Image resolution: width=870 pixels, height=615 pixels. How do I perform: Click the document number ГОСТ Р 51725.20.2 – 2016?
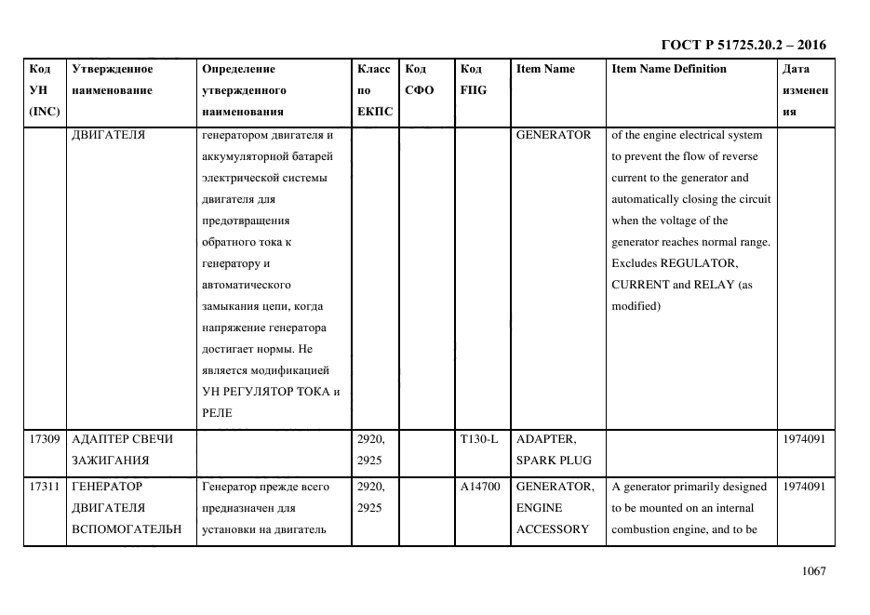tap(743, 45)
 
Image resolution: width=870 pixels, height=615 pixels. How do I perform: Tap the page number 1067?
tap(813, 571)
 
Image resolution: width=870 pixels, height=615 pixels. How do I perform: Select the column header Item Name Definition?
tap(668, 69)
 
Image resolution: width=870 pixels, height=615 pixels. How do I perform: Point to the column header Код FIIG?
tap(473, 79)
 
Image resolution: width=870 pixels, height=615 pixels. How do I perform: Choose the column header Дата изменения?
tap(806, 90)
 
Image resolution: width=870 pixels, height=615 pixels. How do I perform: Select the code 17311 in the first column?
tap(45, 487)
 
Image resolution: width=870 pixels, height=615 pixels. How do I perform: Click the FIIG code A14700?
tap(480, 487)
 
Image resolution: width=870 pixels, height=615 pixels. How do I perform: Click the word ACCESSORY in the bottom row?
tap(553, 529)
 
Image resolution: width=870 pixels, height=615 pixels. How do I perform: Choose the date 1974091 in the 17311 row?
tap(805, 487)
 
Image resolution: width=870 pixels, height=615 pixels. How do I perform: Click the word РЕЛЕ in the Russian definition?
tap(217, 413)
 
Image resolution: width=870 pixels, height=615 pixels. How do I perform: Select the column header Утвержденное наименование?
tap(112, 79)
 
